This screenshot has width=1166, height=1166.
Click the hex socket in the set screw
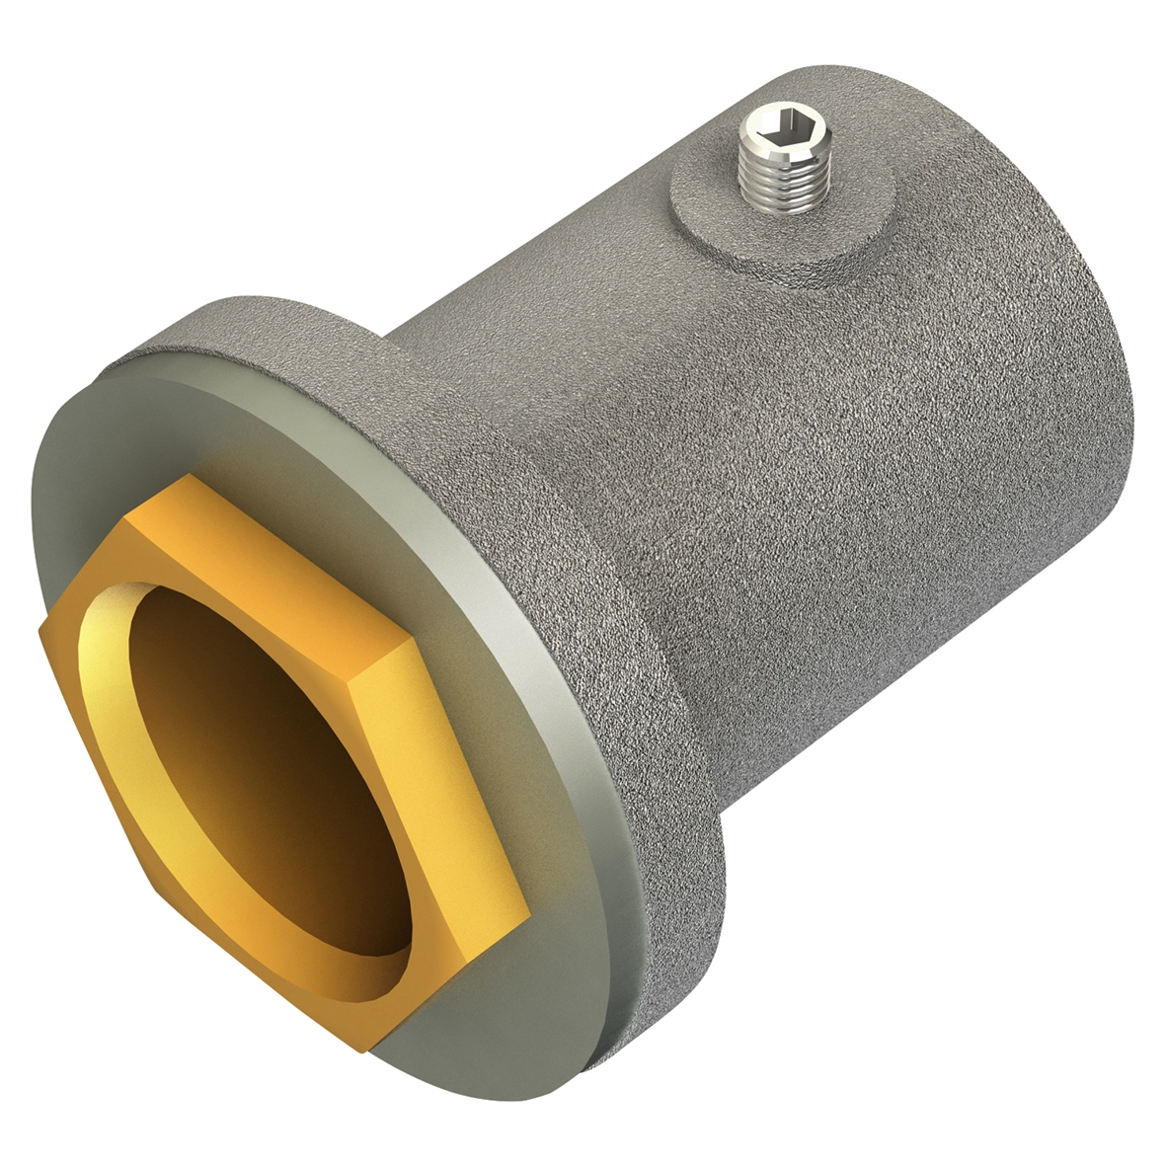tap(787, 125)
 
